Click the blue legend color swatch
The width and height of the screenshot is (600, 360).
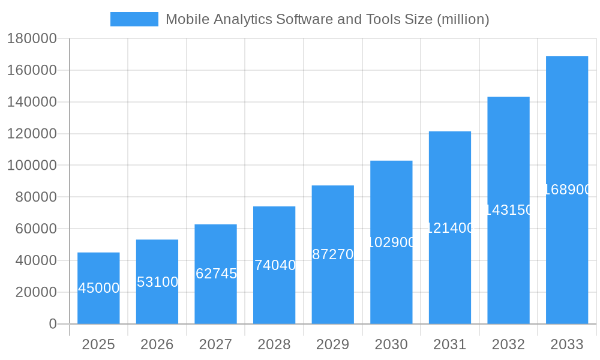click(134, 19)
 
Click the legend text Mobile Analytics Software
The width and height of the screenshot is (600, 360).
click(327, 19)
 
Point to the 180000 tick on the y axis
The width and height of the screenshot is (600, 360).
click(32, 39)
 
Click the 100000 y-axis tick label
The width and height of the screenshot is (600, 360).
click(32, 166)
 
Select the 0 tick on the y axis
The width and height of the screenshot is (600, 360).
click(53, 324)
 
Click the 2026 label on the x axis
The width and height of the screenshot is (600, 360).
click(157, 344)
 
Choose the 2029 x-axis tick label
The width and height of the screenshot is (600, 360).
click(333, 344)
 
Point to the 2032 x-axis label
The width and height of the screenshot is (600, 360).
click(508, 344)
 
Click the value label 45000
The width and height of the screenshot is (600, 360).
click(99, 288)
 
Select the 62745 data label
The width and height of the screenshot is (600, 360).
click(216, 274)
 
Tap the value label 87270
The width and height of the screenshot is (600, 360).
click(333, 254)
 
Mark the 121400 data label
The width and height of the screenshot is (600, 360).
click(450, 228)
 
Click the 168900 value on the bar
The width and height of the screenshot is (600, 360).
click(567, 190)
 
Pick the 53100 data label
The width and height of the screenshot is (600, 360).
click(157, 282)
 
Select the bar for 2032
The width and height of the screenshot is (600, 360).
click(508, 270)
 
